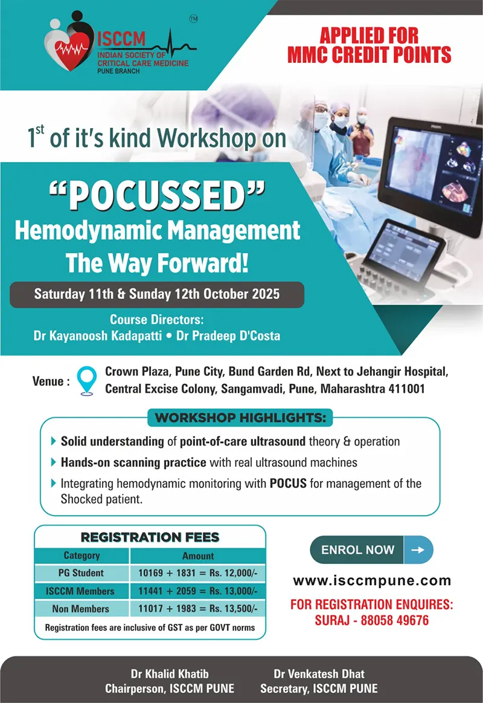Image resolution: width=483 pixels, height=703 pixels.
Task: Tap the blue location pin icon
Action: coord(86,381)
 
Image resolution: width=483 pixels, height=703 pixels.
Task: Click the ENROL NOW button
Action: coord(371,549)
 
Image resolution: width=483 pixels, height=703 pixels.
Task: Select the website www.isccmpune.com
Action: coord(372,581)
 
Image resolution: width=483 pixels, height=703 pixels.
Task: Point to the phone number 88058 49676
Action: coord(394,621)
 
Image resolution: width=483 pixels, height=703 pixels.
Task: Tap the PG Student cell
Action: coord(81,573)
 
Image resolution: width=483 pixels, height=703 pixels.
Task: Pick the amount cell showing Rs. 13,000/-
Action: coord(197,591)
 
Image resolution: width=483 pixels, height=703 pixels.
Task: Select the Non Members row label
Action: coord(81,609)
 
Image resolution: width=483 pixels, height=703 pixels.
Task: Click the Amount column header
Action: coord(198,556)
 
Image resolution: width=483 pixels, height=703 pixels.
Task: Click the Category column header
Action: coord(82,556)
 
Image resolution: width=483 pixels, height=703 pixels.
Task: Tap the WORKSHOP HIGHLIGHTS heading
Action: coord(240,418)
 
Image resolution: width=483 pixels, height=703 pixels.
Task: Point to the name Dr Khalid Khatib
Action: coord(170,674)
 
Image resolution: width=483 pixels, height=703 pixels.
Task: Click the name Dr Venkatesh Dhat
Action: coord(319,674)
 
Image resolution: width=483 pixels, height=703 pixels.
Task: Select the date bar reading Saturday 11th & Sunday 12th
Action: coord(156,294)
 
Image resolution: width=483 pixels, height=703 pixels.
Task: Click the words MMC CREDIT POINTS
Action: coord(369,54)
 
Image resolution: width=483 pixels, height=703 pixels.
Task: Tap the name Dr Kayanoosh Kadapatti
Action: coord(98,336)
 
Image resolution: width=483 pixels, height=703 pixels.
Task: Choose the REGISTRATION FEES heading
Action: coord(150,537)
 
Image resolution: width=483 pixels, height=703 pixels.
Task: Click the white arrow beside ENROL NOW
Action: coord(418,549)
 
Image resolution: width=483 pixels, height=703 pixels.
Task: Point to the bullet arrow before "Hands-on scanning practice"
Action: coord(54,462)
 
